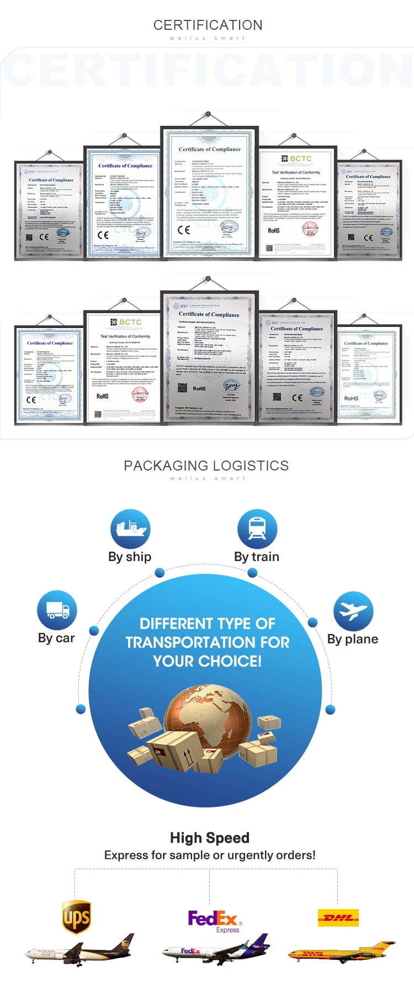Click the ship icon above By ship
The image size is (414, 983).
(x=130, y=529)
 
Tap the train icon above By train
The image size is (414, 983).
(x=257, y=529)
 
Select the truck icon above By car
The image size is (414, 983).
(x=57, y=610)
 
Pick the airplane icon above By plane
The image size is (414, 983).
(x=353, y=611)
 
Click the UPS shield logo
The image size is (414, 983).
(x=77, y=917)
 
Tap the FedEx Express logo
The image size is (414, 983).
(x=214, y=921)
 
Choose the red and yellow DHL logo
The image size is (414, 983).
(x=338, y=917)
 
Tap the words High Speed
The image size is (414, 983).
(x=210, y=838)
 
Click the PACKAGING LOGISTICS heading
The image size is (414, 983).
(x=206, y=466)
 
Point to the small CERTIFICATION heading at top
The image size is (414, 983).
(x=208, y=25)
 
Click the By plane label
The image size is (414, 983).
(x=353, y=639)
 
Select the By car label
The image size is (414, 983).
(x=56, y=638)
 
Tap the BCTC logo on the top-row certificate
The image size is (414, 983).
(x=297, y=158)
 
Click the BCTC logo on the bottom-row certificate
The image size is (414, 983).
(x=126, y=322)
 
